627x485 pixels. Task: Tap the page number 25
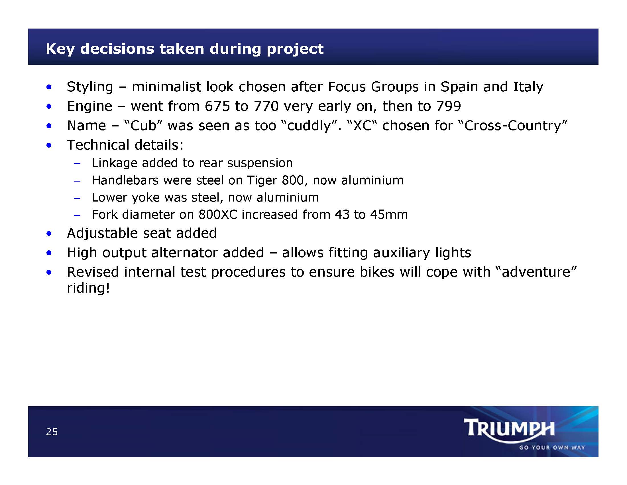(52, 432)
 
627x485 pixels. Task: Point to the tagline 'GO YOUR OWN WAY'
(552, 448)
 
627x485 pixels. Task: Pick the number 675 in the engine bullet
(217, 106)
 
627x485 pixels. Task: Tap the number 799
(448, 106)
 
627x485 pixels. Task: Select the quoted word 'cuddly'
(309, 126)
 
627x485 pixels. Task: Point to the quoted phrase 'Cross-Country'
(512, 126)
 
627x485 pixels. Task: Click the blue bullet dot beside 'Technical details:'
(49, 145)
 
